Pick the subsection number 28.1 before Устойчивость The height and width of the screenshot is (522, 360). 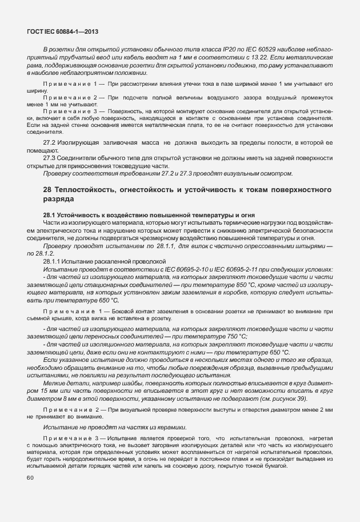click(x=50, y=214)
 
